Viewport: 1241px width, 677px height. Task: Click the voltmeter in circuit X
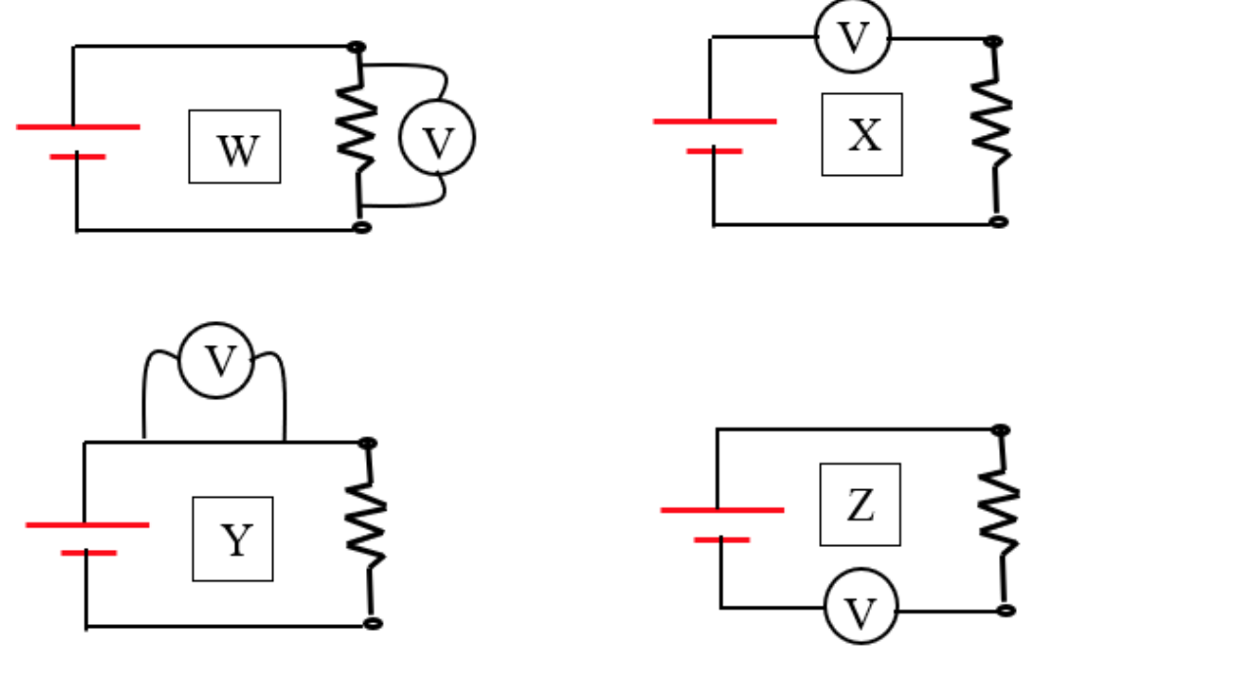point(853,36)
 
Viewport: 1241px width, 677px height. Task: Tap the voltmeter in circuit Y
point(217,361)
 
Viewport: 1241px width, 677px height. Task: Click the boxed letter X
point(862,135)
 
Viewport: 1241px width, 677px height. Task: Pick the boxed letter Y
point(233,539)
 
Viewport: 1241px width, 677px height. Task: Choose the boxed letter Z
point(860,505)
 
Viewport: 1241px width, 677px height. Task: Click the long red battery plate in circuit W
point(78,126)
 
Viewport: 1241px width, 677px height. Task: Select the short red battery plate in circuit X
point(714,152)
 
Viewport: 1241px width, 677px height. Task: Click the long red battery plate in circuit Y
point(87,525)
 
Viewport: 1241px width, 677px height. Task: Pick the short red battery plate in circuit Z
point(721,540)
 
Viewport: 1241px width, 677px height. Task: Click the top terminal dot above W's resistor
point(356,47)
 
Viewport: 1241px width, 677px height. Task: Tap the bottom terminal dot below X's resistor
point(997,222)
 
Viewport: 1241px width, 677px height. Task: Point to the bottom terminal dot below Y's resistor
point(372,623)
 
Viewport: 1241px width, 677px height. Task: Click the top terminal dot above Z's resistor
point(1000,430)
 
